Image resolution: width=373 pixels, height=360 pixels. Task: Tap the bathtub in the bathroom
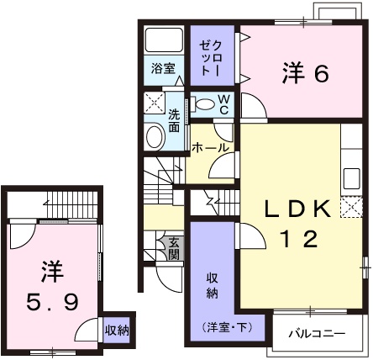(x=162, y=41)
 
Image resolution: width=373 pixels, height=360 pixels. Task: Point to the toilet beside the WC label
(x=202, y=103)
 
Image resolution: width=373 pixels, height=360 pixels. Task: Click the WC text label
(x=224, y=103)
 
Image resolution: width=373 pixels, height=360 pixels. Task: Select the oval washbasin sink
(x=155, y=136)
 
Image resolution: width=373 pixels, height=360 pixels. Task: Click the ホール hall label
(x=211, y=147)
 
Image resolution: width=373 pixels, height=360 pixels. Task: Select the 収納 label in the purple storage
(x=213, y=286)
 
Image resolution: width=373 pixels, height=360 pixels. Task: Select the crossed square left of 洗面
(x=153, y=103)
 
